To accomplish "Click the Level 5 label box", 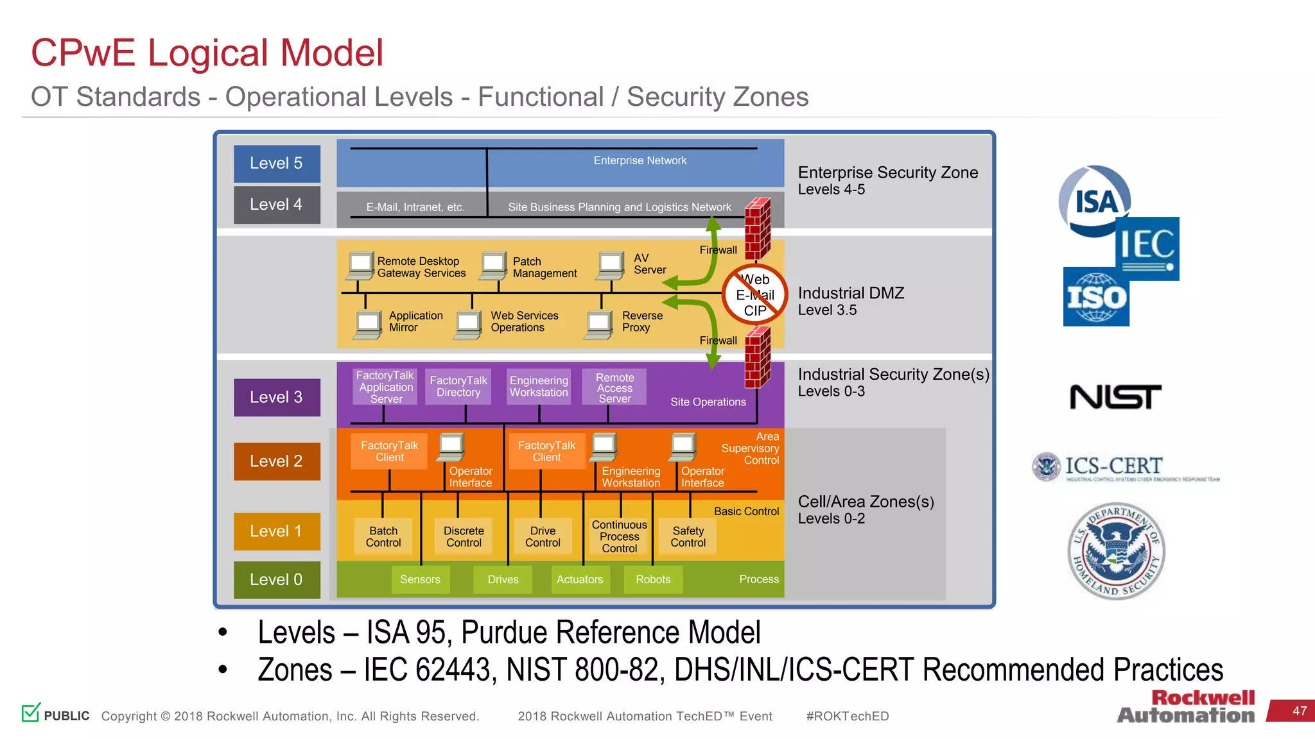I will pyautogui.click(x=277, y=164).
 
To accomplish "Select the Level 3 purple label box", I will pyautogui.click(x=277, y=397).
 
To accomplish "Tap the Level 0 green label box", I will pyautogui.click(x=277, y=579).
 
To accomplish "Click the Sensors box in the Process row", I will pyautogui.click(x=420, y=579).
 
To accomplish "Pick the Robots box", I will pyautogui.click(x=653, y=579).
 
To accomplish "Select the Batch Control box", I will pyautogui.click(x=383, y=536).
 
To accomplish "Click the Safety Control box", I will pyautogui.click(x=688, y=536).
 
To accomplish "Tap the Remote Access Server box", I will pyautogui.click(x=614, y=387).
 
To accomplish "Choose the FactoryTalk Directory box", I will pyautogui.click(x=458, y=386).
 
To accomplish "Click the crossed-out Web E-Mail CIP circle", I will pyautogui.click(x=755, y=294).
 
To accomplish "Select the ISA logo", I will pyautogui.click(x=1094, y=201).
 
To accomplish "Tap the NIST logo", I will pyautogui.click(x=1115, y=397).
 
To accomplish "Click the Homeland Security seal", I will pyautogui.click(x=1116, y=551).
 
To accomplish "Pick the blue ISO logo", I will pyautogui.click(x=1096, y=297).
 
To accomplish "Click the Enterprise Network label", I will pyautogui.click(x=640, y=160).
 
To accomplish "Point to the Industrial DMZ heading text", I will pyautogui.click(x=851, y=293).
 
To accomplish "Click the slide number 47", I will pyautogui.click(x=1299, y=711).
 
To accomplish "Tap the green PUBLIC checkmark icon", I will pyautogui.click(x=31, y=712).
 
